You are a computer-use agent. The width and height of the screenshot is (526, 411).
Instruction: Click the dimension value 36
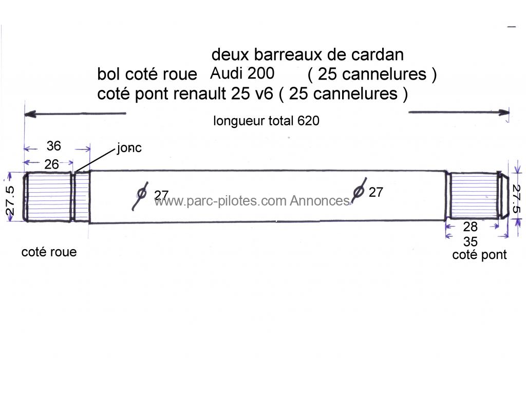[x=54, y=146]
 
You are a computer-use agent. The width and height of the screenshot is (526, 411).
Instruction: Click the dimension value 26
[x=51, y=164]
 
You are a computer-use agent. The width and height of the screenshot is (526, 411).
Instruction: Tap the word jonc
[x=129, y=148]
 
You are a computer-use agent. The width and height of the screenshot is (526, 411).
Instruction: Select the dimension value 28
[x=470, y=227]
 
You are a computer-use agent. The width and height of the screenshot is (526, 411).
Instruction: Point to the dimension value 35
[x=470, y=241]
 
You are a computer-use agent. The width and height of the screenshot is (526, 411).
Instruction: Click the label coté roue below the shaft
[x=49, y=252]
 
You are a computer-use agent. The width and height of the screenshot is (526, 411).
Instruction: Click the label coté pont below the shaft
[x=479, y=255]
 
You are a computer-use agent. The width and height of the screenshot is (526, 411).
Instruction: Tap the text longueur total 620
[x=266, y=121]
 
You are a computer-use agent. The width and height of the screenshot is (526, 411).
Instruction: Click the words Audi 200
[x=242, y=73]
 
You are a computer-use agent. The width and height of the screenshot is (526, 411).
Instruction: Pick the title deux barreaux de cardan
[x=307, y=54]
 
